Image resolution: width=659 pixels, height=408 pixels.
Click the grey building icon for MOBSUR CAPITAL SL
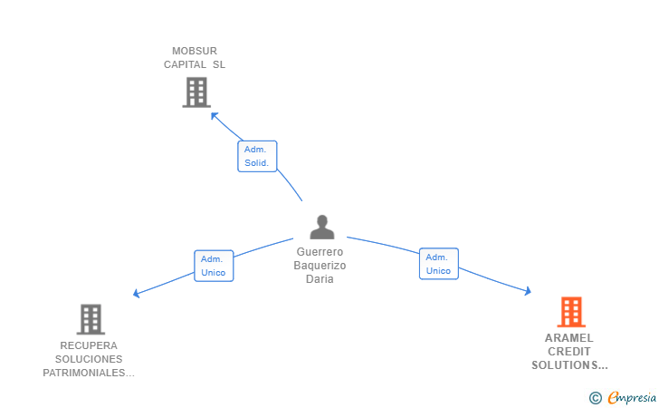click(x=196, y=92)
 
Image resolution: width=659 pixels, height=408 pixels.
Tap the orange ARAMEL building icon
click(x=570, y=312)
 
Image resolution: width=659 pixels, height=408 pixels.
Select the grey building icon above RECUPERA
click(x=91, y=319)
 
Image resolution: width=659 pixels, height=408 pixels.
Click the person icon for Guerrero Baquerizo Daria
click(x=321, y=227)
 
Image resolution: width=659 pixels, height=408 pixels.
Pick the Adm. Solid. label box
click(x=257, y=156)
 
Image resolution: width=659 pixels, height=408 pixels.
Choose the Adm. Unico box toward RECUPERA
click(x=214, y=266)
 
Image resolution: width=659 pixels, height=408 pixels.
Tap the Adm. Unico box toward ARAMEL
click(x=438, y=264)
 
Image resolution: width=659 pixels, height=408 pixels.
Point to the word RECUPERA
click(x=89, y=345)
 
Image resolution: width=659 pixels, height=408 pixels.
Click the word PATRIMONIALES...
click(x=89, y=373)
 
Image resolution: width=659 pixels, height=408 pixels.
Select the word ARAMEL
click(x=569, y=338)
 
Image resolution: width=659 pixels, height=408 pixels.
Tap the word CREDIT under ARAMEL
click(x=569, y=352)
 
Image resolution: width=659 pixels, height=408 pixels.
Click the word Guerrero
click(x=320, y=252)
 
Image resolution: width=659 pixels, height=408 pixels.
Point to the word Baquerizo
click(x=320, y=266)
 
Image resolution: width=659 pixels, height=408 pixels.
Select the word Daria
click(x=320, y=279)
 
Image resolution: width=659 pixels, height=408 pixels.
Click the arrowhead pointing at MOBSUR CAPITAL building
click(x=215, y=114)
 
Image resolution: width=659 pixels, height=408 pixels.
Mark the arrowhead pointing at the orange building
click(x=527, y=291)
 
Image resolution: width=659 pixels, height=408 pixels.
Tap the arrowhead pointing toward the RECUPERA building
click(x=137, y=293)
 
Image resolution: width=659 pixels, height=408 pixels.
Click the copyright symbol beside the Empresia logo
click(x=595, y=397)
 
